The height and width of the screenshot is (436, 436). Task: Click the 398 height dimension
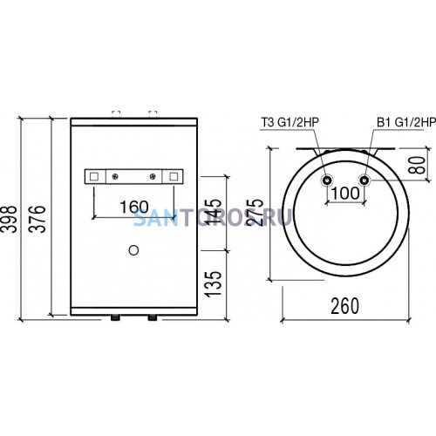click(x=8, y=219)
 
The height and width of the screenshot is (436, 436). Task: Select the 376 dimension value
click(x=37, y=219)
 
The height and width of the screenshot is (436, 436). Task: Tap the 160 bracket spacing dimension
click(x=134, y=207)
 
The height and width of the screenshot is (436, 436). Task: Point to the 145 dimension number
click(x=213, y=212)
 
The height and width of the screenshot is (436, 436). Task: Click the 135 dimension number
click(x=213, y=284)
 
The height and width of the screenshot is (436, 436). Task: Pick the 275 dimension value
click(x=254, y=212)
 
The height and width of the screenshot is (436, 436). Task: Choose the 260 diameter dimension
click(x=345, y=306)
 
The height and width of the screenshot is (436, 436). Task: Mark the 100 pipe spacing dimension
click(x=345, y=193)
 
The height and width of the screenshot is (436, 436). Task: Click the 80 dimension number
click(x=417, y=165)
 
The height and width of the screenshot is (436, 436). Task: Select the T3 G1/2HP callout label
click(x=290, y=122)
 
